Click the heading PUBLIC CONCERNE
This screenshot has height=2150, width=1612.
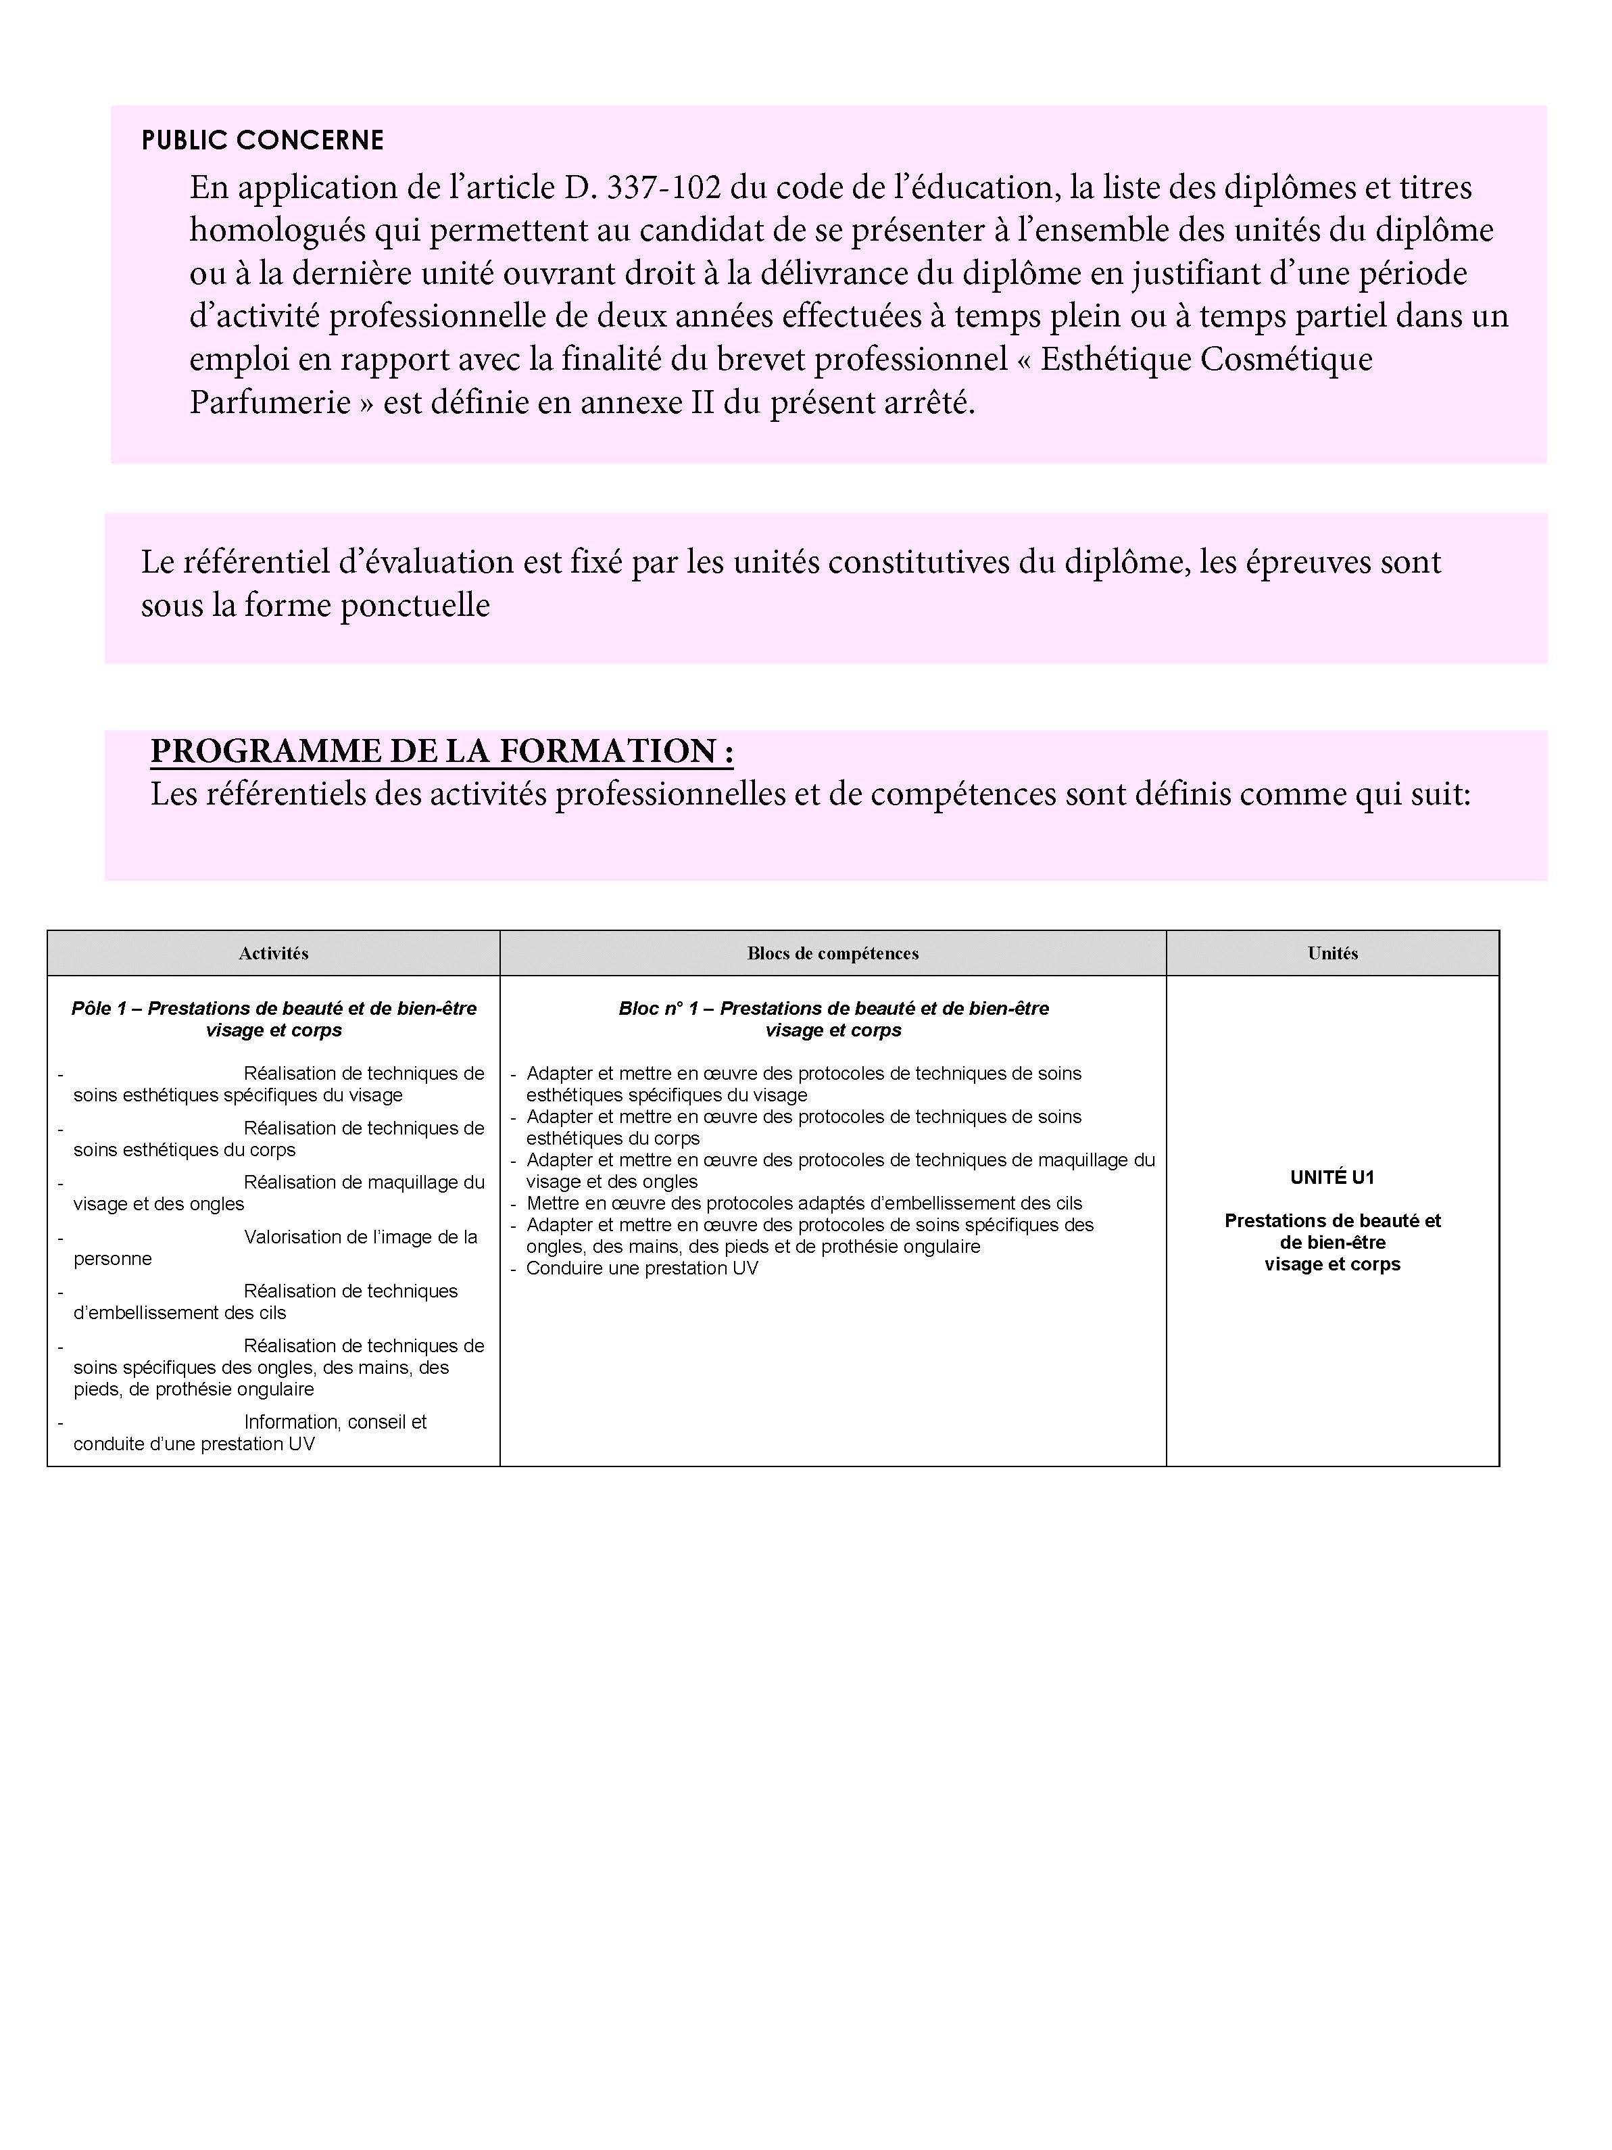coord(262,141)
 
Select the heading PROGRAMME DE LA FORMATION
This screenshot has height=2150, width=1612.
coord(441,751)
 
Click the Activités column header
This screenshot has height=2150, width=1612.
coord(273,953)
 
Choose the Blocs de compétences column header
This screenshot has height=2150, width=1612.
coord(833,953)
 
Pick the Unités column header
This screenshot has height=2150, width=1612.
coord(1332,953)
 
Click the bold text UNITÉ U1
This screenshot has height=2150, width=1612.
coord(1332,1178)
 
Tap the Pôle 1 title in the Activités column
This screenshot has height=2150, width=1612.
coord(273,1019)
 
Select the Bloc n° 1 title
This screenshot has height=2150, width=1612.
coord(833,1019)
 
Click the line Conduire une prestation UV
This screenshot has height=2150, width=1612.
coord(641,1268)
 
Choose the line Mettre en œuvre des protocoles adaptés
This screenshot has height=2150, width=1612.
coord(804,1203)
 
